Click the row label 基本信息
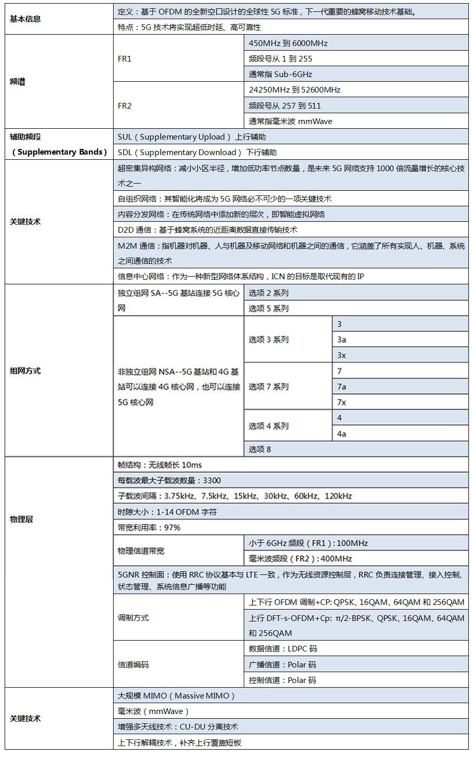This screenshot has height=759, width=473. point(25,19)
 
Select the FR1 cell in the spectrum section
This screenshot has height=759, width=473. point(125,58)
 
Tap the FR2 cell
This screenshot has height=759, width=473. point(125,105)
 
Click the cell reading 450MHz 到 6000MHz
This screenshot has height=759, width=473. point(288,43)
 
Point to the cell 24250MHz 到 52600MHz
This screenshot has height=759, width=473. point(294,89)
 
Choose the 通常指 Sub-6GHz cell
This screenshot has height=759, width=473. point(280,74)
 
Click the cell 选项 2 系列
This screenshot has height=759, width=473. point(269,293)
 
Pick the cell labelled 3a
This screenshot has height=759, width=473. point(341,340)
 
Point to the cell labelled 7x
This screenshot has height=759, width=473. point(341,402)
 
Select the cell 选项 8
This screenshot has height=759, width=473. point(260,449)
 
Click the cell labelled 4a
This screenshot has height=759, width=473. point(341,434)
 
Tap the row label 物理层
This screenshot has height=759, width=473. point(21,519)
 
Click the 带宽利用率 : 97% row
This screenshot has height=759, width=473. point(149,527)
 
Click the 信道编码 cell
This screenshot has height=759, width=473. point(133,664)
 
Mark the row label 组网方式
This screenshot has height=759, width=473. point(25,371)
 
